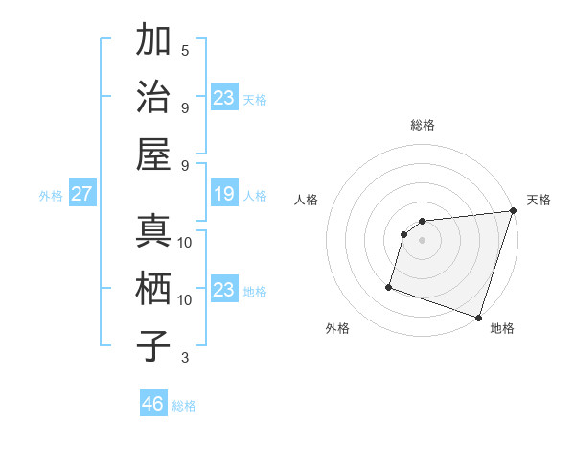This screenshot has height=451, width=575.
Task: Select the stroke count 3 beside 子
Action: coord(185,358)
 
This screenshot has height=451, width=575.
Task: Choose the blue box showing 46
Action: coord(152,404)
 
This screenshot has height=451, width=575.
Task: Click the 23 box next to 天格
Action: coord(223,98)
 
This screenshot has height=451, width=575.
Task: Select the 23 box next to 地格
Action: coord(223,290)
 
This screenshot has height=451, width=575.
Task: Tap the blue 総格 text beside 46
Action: coord(184,406)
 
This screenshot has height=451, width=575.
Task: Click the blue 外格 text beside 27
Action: coord(51,196)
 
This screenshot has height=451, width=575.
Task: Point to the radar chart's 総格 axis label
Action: coord(422,125)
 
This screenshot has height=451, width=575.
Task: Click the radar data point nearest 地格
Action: coord(478,317)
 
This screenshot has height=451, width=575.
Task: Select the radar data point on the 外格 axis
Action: coord(390,286)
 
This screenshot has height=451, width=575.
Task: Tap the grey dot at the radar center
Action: coord(422,240)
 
